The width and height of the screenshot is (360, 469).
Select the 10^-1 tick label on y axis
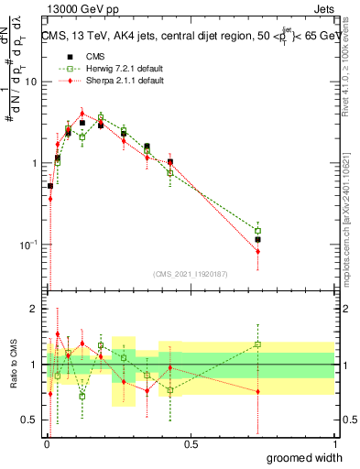[x=27, y=245]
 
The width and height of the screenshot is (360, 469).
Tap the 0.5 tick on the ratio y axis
[x=29, y=420]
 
